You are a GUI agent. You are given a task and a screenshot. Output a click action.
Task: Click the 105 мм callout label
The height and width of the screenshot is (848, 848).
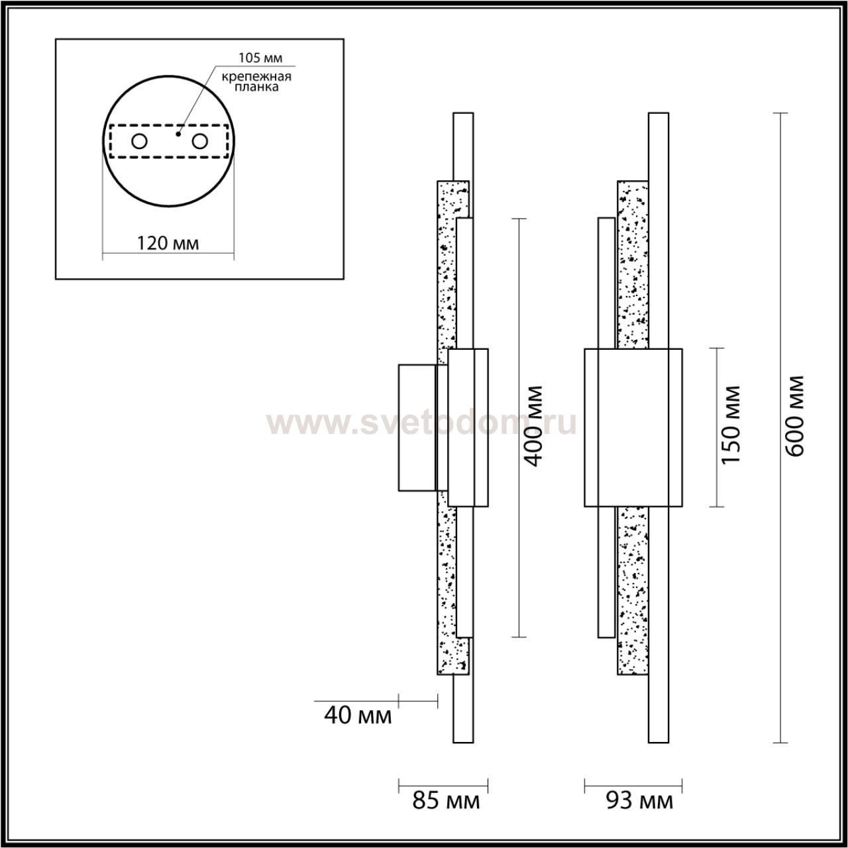[x=260, y=58]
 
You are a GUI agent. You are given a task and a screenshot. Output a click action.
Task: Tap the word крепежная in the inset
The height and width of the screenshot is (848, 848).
[x=256, y=77]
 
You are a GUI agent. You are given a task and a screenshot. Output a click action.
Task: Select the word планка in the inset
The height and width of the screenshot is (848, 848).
[x=256, y=87]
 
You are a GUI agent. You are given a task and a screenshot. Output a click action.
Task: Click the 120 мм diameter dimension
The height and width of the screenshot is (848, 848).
[x=168, y=243]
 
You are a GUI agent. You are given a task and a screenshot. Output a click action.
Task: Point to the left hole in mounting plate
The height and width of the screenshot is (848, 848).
[x=140, y=142]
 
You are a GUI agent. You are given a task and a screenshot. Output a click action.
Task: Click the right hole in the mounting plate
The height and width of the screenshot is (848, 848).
[x=200, y=142]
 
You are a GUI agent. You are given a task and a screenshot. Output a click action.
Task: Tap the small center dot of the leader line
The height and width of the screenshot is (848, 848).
[x=178, y=134]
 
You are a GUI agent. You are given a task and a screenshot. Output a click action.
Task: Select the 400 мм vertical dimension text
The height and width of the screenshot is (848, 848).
[x=534, y=425]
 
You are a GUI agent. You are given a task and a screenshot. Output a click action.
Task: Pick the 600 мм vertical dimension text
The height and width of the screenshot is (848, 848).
[x=795, y=416]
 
